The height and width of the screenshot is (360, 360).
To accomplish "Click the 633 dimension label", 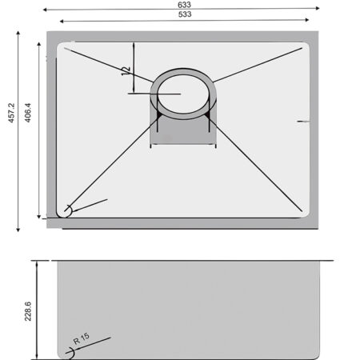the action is click(x=184, y=5).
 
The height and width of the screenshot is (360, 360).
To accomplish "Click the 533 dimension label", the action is click(x=185, y=14).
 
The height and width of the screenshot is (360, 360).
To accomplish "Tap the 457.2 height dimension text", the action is click(x=11, y=113).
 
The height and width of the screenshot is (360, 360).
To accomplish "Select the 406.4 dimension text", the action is click(x=28, y=113).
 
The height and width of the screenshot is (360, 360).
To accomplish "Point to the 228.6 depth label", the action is click(x=28, y=311).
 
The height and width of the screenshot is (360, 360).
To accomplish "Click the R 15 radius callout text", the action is click(x=82, y=338).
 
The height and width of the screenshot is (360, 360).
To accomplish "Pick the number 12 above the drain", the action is click(x=126, y=71).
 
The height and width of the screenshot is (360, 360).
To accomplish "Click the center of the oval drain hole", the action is click(x=183, y=94).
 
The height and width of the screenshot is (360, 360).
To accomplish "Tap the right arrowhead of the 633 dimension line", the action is click(x=318, y=8).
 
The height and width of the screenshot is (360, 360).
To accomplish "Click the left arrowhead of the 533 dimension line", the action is click(x=62, y=21).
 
